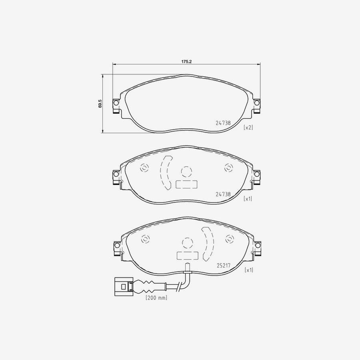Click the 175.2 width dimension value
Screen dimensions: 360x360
(x=187, y=62)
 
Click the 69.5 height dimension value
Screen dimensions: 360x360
(x=100, y=104)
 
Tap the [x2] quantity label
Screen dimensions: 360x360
(x=248, y=128)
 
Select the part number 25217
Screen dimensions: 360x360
(x=224, y=265)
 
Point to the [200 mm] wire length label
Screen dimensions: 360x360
(x=156, y=298)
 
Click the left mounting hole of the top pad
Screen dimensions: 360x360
(x=116, y=104)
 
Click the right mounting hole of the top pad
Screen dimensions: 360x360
(x=257, y=104)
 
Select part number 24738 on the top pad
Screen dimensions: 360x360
(x=223, y=124)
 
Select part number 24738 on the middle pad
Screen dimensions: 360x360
(x=223, y=194)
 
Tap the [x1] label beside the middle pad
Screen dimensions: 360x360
(x=248, y=198)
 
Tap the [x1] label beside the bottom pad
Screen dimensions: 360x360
(x=248, y=270)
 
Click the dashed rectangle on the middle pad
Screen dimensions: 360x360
(x=186, y=184)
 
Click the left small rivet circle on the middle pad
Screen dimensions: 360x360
(x=144, y=168)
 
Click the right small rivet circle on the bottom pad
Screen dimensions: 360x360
(x=230, y=239)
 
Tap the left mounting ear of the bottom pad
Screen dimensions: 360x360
(x=116, y=248)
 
